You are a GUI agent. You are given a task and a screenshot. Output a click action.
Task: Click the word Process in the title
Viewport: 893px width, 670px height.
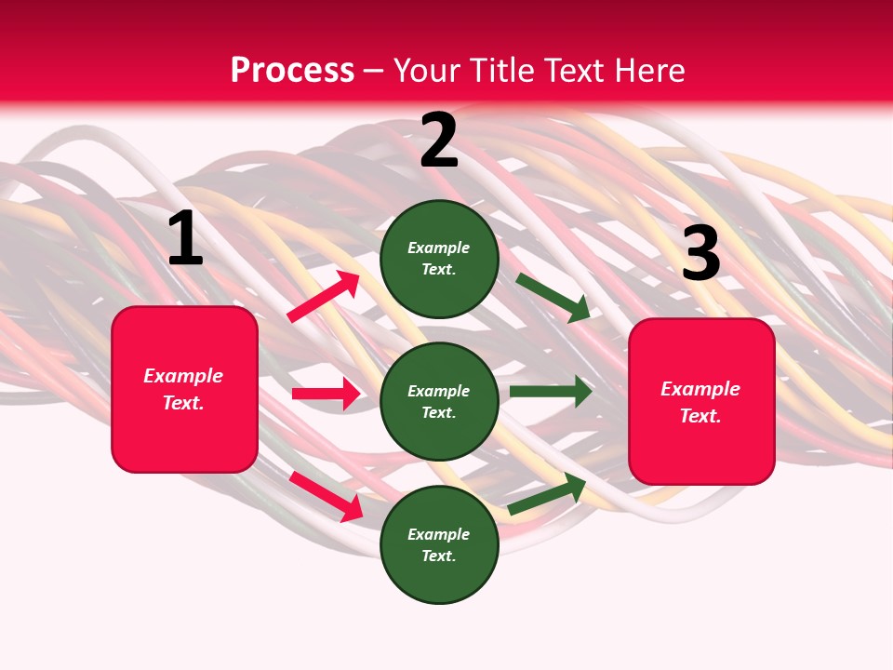pos(292,71)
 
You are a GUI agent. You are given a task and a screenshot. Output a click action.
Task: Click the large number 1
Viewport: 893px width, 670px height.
pos(185,239)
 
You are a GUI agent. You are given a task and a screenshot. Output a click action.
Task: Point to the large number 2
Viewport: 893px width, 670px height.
pos(439,141)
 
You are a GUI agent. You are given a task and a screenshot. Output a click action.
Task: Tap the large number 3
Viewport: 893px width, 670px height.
pos(700,254)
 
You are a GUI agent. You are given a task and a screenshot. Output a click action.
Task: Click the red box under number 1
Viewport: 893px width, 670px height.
pos(184,389)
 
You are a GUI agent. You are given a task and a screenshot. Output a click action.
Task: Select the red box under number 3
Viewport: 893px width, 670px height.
pos(701,401)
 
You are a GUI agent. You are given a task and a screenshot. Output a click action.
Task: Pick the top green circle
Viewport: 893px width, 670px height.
pos(439,259)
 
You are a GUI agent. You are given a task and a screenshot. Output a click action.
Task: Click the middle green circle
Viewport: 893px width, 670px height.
pos(439,401)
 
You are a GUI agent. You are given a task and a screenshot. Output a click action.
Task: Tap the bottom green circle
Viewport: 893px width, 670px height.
pos(439,544)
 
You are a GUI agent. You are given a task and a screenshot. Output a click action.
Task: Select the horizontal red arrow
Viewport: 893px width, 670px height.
pos(326,394)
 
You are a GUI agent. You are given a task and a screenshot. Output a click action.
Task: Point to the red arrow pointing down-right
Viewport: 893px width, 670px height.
pos(327,496)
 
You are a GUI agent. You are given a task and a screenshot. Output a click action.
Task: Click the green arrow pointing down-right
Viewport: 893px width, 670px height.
pos(553,297)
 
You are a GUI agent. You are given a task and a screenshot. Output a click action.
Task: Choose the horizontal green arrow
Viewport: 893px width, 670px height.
pos(551,391)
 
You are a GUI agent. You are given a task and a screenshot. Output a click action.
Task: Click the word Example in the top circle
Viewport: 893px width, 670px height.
pos(439,248)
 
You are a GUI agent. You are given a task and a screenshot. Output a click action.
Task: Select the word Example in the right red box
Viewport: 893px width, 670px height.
pos(700,389)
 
